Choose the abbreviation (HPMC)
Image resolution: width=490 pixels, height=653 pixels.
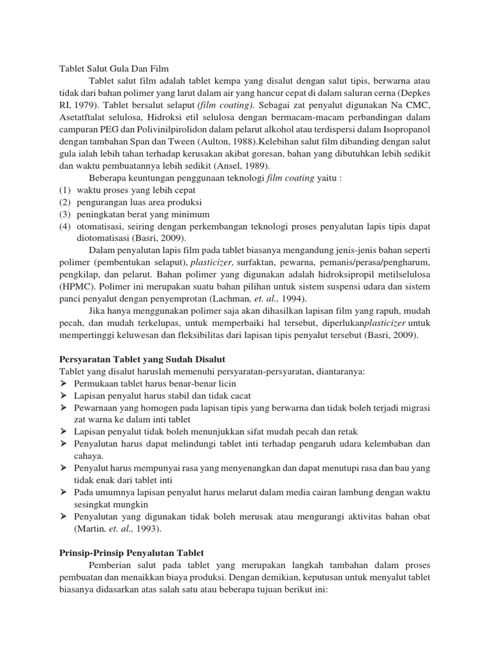pyautogui.click(x=75, y=287)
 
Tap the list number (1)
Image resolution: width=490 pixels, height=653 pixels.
pyautogui.click(x=65, y=190)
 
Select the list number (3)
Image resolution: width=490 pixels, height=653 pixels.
pyautogui.click(x=65, y=214)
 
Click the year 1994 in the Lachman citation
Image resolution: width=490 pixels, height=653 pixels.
pyautogui.click(x=294, y=298)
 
